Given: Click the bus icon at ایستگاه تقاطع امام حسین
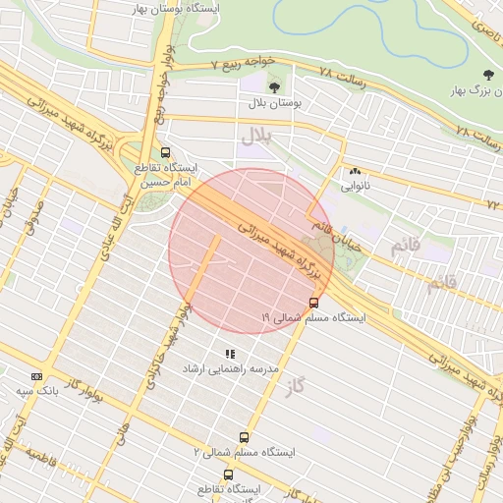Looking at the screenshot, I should tap(165, 152).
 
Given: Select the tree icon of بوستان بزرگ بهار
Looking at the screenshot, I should tap(488, 76).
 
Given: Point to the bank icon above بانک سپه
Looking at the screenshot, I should tap(37, 376).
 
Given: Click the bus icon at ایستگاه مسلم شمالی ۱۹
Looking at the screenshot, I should tap(313, 303).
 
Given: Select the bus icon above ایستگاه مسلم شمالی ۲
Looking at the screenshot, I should tap(244, 437).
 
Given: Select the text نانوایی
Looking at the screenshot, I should tap(355, 185).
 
